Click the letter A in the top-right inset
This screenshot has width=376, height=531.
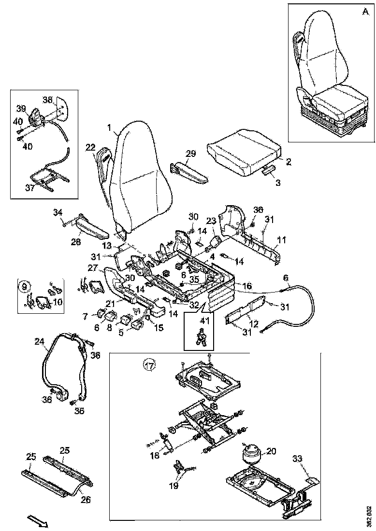click(364, 13)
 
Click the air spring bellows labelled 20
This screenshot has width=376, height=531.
click(251, 454)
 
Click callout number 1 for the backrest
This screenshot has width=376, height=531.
click(110, 128)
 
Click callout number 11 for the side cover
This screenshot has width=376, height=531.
click(282, 239)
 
